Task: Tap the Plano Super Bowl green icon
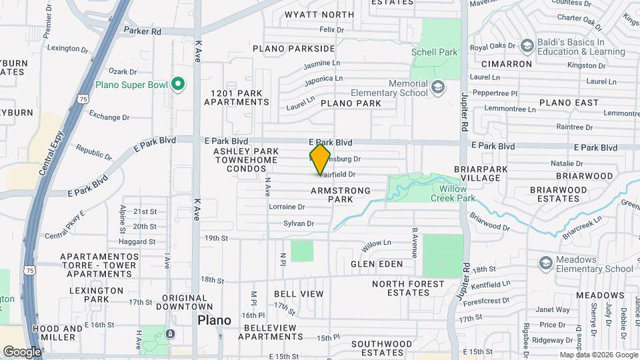point(177,84)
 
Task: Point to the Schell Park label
point(433,51)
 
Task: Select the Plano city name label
point(215,320)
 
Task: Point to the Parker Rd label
point(143,31)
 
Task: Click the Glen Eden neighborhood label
point(377,264)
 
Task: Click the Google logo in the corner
point(21,351)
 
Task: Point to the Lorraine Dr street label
point(287,207)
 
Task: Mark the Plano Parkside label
point(293,49)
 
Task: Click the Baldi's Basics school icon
point(527,45)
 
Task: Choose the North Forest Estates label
point(408,288)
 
